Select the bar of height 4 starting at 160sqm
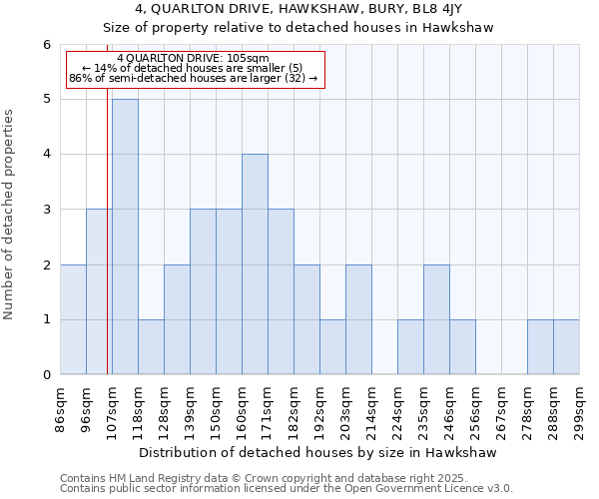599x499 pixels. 255,264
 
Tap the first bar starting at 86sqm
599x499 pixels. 73,319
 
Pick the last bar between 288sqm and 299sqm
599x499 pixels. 566,347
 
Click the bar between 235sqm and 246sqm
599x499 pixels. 436,319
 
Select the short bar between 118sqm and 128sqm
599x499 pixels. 151,347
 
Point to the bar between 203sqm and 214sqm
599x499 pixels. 358,319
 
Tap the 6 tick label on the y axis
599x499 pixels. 46,45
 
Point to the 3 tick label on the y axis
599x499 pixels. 46,210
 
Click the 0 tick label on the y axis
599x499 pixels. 46,375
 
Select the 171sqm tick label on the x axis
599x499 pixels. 269,407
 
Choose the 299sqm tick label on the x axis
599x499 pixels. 580,407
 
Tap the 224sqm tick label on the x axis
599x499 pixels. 398,407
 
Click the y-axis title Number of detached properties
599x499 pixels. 10,216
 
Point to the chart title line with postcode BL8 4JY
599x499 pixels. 299,9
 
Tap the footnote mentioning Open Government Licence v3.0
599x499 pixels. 287,489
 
